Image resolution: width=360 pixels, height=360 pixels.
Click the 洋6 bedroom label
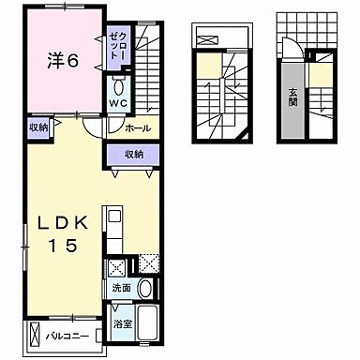(x=63, y=61)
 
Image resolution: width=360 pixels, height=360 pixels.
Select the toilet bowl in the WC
(x=118, y=87)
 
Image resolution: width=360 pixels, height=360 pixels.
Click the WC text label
(x=118, y=103)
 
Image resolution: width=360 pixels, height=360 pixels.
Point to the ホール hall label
(x=138, y=128)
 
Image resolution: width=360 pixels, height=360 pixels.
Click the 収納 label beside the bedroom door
(x=38, y=127)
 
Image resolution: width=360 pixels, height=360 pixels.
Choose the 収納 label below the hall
(x=134, y=154)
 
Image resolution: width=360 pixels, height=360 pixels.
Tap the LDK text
(x=63, y=223)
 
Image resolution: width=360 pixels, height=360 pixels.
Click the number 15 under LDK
(x=64, y=246)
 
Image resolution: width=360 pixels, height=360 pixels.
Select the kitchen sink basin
(x=114, y=216)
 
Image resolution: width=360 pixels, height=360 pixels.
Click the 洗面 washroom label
(x=121, y=288)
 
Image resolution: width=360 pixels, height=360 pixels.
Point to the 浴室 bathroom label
(x=122, y=324)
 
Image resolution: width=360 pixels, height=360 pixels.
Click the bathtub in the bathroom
(x=147, y=323)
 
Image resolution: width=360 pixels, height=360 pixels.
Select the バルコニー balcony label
(x=67, y=337)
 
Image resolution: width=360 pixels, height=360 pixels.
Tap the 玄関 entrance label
(x=292, y=97)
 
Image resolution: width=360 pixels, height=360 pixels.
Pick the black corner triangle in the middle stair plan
(x=246, y=136)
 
